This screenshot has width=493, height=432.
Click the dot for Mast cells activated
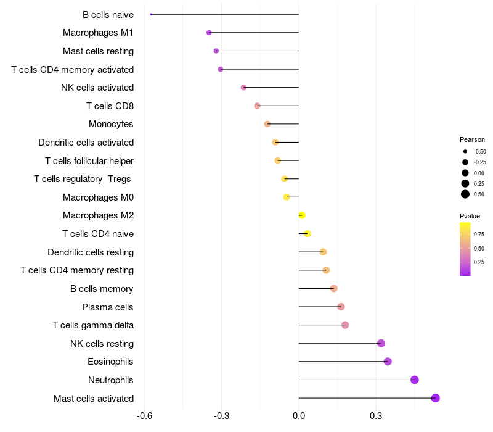(436, 398)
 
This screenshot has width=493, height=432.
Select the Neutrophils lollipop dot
(415, 380)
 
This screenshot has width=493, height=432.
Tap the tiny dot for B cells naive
(151, 14)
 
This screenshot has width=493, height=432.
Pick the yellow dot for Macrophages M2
(302, 215)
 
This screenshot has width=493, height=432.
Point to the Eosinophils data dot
(388, 362)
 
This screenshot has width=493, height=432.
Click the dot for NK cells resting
(381, 343)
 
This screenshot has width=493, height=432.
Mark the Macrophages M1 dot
(209, 33)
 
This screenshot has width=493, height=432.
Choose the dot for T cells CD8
(257, 106)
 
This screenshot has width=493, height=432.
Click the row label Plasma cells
(108, 307)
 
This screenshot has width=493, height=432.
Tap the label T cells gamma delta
(93, 325)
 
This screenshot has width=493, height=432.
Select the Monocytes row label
(111, 124)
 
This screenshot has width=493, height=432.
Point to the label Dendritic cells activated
(86, 143)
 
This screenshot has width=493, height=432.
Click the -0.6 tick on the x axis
(144, 416)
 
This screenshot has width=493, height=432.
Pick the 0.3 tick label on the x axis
(376, 416)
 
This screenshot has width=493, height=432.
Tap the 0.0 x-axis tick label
(299, 416)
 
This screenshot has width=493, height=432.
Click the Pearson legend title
(472, 139)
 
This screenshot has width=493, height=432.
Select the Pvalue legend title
(470, 216)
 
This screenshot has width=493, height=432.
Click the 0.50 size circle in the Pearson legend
(465, 194)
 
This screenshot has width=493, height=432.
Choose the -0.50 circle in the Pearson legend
(465, 151)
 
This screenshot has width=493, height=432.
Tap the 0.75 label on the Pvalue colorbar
(479, 235)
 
